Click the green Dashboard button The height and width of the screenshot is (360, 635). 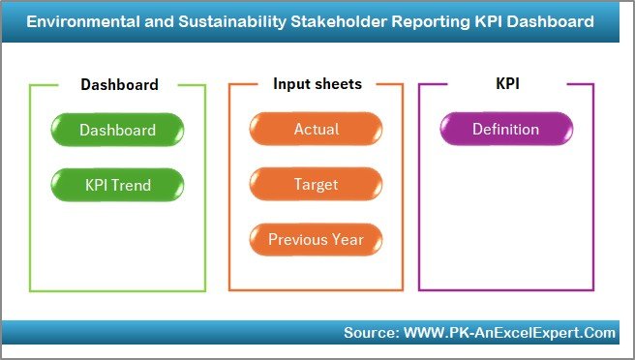pos(117,130)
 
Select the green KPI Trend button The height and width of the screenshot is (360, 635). pos(117,184)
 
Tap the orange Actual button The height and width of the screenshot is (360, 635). pos(316,130)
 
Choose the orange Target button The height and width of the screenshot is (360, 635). pos(316,184)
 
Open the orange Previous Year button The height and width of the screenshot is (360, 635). pos(316,239)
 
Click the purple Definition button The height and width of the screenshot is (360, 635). pos(505,130)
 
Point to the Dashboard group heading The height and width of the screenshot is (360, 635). pos(119,85)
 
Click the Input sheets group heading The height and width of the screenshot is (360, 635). pos(317,84)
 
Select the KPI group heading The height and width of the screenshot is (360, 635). pos(507,84)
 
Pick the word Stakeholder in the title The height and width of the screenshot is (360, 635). pos(327,20)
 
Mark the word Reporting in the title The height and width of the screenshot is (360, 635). pos(418,20)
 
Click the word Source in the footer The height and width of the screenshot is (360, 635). pos(368,333)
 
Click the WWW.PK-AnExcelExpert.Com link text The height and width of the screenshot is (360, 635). pos(507,333)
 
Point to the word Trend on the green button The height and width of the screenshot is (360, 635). pos(133,184)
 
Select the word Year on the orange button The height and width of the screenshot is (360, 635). pos(348,239)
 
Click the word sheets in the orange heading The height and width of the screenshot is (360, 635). pos(338,84)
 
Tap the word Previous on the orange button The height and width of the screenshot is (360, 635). pos(298,239)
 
